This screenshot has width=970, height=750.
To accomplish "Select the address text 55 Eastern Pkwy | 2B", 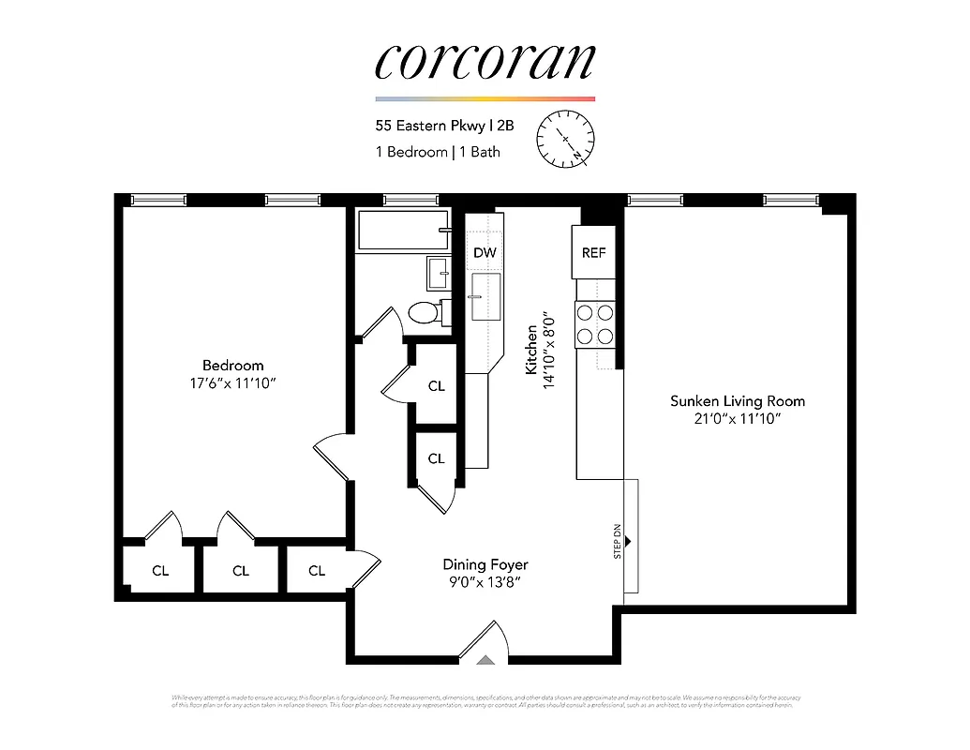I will click(x=444, y=125).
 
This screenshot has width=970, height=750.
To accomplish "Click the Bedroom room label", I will click(x=232, y=365).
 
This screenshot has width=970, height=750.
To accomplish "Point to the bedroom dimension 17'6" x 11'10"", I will click(x=232, y=382).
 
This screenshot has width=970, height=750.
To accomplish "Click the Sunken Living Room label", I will click(x=737, y=401).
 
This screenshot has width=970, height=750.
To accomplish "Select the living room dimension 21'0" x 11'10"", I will click(x=737, y=419).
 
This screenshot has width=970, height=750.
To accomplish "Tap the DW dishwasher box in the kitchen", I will click(x=485, y=252).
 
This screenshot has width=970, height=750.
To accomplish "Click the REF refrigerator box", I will click(x=593, y=252).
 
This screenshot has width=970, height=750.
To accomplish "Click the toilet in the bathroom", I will click(x=426, y=312).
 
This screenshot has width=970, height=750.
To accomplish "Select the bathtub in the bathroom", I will click(x=402, y=231).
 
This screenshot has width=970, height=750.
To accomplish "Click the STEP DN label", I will click(x=618, y=542).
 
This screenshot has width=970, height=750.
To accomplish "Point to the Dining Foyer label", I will click(x=485, y=564).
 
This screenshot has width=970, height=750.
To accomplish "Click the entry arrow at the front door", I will click(x=485, y=659).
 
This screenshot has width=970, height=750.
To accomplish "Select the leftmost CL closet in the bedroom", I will click(x=160, y=570).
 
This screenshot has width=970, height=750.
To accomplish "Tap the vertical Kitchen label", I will click(x=532, y=350).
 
